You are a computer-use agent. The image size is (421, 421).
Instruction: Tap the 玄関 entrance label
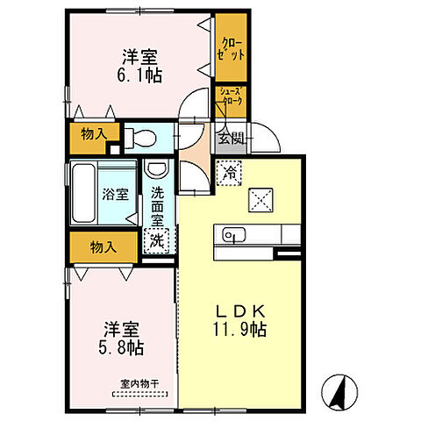(231, 137)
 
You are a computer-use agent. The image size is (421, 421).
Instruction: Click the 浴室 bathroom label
(118, 195)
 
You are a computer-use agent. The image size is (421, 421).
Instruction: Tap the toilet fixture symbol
(139, 137)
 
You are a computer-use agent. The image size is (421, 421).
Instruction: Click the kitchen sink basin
(232, 234)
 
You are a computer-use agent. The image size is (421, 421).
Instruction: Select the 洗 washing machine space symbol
(156, 237)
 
